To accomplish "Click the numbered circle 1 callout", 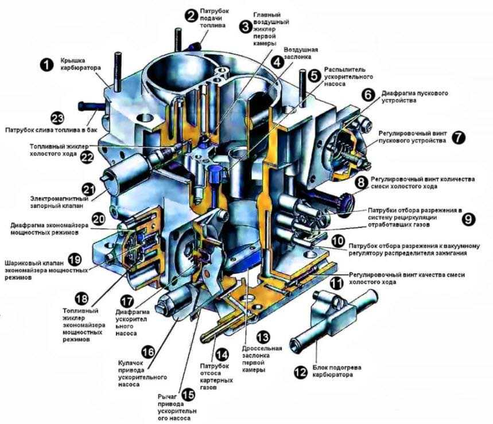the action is [x=47, y=65].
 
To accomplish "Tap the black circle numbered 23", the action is [x=57, y=119].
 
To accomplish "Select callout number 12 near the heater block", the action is [x=301, y=372].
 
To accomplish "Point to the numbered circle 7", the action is [x=459, y=137].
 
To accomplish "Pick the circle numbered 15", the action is [x=188, y=395].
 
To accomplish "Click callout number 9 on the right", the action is [x=468, y=219].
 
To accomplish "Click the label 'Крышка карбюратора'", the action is [x=80, y=64].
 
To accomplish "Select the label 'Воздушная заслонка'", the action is [x=301, y=53].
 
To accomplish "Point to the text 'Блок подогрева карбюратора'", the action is [x=337, y=371].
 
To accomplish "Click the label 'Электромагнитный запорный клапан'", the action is [x=59, y=203].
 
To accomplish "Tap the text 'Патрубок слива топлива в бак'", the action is [x=51, y=130].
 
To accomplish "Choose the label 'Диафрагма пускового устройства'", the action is [x=415, y=97].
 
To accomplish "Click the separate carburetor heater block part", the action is [x=335, y=318].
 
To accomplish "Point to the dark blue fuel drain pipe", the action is [x=92, y=106].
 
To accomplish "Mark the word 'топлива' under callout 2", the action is [x=213, y=25].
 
